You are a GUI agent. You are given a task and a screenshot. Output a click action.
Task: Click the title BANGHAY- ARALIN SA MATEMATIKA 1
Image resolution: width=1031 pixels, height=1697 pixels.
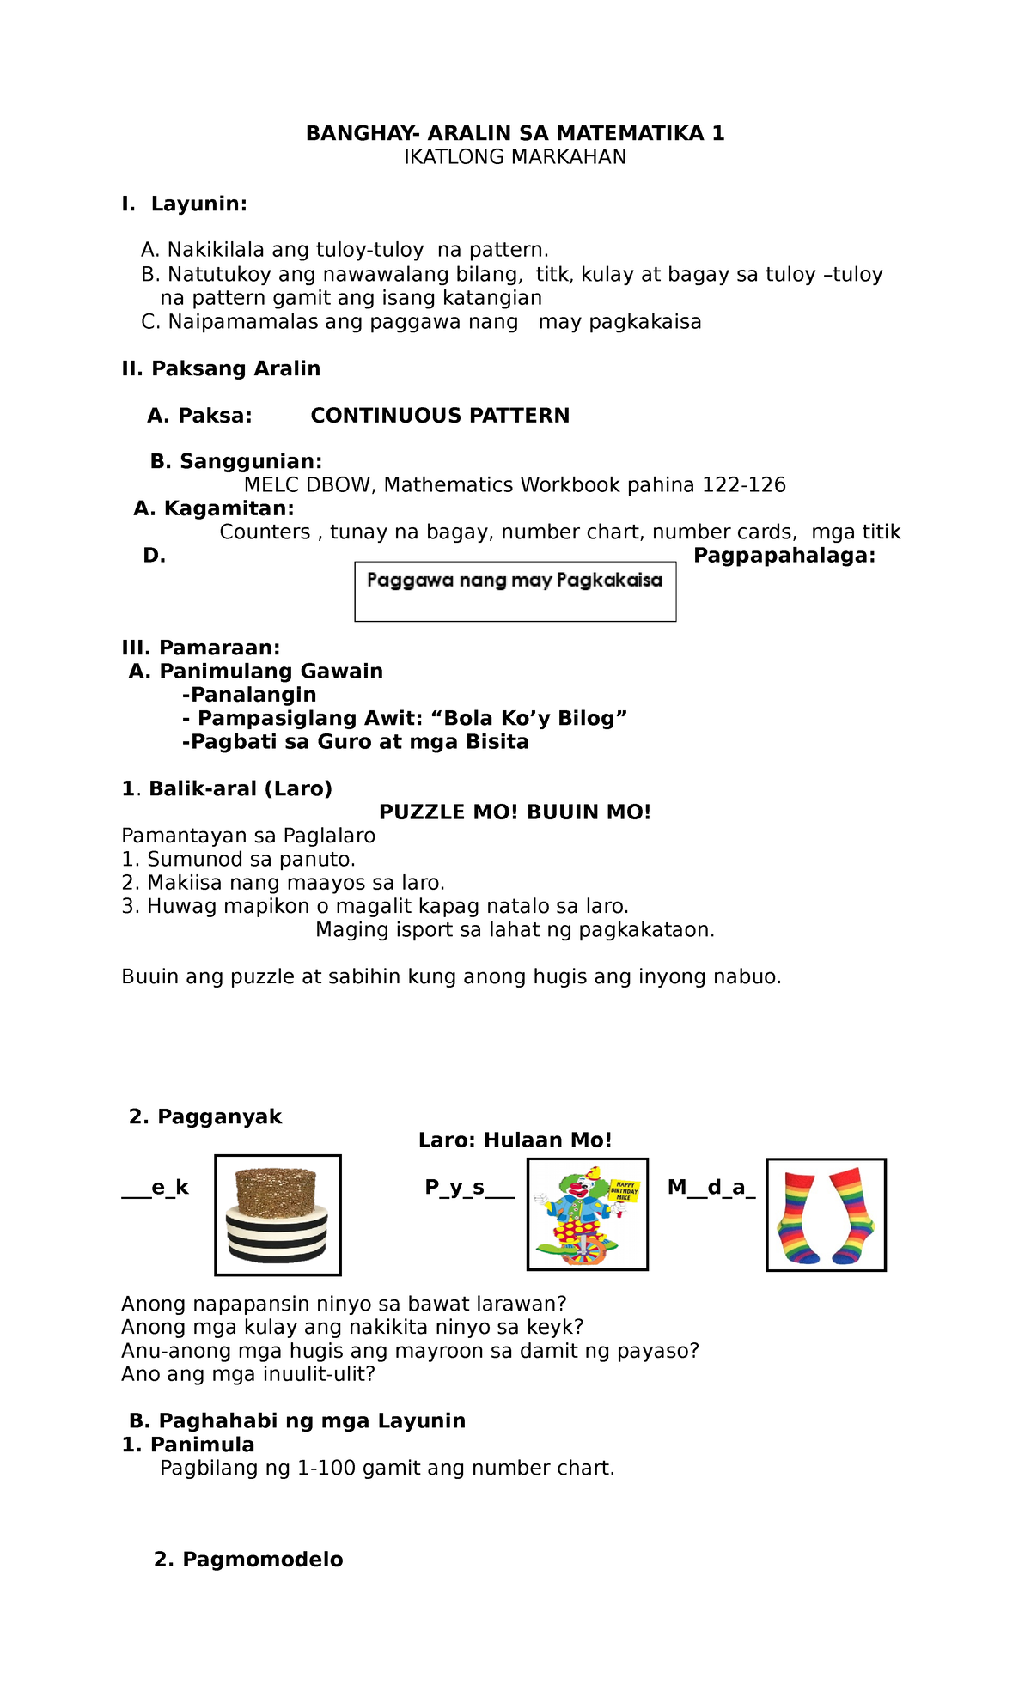[515, 133]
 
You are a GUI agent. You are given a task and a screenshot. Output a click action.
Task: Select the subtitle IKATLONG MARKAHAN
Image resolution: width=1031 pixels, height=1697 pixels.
[515, 157]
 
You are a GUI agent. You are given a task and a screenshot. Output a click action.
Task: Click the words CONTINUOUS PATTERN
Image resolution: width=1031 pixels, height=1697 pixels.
[440, 416]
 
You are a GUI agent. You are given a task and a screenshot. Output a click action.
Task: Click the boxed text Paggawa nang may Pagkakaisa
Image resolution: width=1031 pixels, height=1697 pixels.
[515, 581]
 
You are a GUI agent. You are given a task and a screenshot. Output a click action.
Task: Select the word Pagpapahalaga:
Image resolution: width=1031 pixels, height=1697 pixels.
[784, 556]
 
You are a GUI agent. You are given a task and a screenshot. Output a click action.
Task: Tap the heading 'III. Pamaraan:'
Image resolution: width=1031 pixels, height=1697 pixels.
[200, 648]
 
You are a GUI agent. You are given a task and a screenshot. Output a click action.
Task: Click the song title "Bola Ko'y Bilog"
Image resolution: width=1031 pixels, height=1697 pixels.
[535, 718]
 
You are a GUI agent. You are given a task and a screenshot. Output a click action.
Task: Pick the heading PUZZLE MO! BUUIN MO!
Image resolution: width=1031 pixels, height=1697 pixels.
[515, 812]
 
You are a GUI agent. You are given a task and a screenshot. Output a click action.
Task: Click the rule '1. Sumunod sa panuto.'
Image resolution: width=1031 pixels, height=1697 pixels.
[238, 860]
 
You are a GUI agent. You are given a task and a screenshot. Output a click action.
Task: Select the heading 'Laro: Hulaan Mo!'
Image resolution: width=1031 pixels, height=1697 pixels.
[515, 1140]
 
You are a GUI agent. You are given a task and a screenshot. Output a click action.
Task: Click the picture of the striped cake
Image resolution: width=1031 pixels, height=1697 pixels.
[278, 1215]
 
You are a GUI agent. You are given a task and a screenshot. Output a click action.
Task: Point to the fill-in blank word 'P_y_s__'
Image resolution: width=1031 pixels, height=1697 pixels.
[469, 1188]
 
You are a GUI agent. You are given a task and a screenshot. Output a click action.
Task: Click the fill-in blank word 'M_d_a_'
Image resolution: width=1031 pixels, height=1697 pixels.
[711, 1188]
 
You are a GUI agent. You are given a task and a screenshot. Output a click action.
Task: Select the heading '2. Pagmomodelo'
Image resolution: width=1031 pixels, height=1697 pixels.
[248, 1560]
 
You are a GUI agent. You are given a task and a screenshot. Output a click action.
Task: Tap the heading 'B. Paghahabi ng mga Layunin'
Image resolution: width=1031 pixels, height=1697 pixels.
[296, 1421]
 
